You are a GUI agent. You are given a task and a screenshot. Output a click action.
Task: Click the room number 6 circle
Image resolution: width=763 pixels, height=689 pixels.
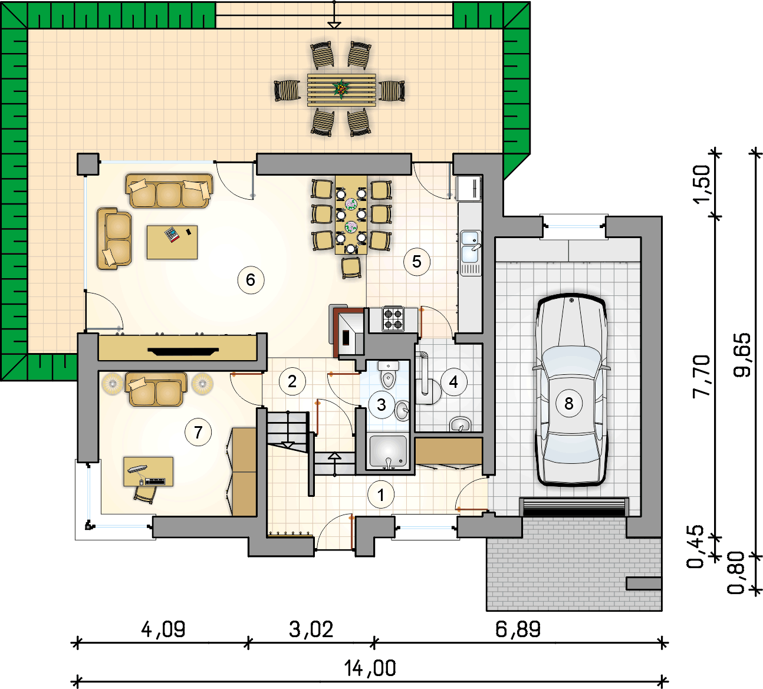[251, 280]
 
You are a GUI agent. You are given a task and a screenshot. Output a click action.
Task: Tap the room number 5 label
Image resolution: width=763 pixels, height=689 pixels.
[417, 262]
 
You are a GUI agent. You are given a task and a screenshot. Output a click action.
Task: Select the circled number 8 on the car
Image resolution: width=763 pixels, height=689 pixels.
[569, 403]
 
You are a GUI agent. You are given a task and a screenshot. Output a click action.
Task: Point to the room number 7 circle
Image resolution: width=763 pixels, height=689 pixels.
[198, 433]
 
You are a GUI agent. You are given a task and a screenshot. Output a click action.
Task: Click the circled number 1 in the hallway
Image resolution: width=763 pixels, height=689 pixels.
[381, 495]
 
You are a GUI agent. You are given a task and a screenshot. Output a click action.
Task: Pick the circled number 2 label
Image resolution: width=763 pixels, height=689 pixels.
[292, 381]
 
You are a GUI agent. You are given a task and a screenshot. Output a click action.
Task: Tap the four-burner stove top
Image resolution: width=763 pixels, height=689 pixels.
[393, 319]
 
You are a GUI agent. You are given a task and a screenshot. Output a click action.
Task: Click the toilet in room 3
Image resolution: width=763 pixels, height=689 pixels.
[388, 374]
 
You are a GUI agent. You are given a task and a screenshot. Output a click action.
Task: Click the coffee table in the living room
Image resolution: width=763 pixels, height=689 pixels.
[172, 242]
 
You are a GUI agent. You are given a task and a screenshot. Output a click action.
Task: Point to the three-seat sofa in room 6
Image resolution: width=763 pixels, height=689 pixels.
[169, 191]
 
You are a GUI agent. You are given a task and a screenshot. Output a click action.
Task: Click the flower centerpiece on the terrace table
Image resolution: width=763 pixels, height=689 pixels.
[341, 89]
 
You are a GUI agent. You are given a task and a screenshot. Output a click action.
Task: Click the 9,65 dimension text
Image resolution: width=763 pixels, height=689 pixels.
[742, 355]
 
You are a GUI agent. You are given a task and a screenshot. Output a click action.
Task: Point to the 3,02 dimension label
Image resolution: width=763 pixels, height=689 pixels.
[311, 629]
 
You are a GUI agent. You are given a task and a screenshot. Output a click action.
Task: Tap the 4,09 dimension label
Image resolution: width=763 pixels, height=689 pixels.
[163, 629]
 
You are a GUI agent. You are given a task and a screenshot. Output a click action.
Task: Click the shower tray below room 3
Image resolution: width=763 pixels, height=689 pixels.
[389, 452]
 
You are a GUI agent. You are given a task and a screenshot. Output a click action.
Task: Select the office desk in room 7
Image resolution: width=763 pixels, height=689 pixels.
[149, 472]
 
